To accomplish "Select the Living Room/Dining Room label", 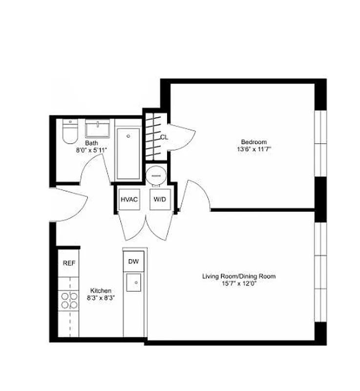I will (x=239, y=277).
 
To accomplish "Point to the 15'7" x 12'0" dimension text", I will (x=239, y=284).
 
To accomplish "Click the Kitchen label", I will (x=101, y=290).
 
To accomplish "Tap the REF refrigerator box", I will (x=69, y=263).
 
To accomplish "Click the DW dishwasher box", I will (x=133, y=261).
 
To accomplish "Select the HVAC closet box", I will (x=129, y=199).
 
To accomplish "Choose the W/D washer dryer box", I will (x=159, y=199).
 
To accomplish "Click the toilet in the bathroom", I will (x=70, y=132).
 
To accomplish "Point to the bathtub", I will (x=128, y=153).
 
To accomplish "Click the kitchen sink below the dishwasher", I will (x=133, y=282).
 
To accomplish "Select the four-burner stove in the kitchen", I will (x=68, y=300).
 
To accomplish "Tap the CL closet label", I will (x=164, y=137).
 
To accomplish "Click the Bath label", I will (x=91, y=143).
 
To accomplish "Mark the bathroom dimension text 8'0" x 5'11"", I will (x=91, y=150).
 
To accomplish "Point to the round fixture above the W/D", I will (x=156, y=174).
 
